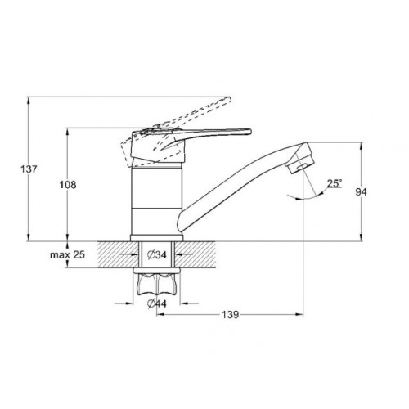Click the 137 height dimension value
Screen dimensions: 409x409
click(x=29, y=169)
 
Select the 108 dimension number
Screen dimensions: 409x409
click(x=68, y=185)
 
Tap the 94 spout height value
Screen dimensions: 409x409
click(x=361, y=192)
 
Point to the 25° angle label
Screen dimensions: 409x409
click(x=335, y=183)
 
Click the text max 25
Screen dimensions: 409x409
click(x=68, y=255)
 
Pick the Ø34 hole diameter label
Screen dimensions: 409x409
click(x=156, y=255)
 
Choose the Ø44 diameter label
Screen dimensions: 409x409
click(x=156, y=303)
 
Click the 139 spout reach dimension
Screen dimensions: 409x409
click(x=230, y=314)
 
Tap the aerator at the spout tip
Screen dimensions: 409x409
click(x=301, y=161)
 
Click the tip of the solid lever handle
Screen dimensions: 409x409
click(x=249, y=132)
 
